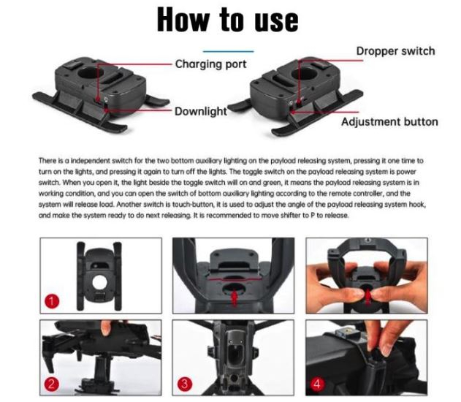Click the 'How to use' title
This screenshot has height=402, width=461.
pyautogui.click(x=228, y=20)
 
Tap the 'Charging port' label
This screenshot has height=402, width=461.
pyautogui.click(x=211, y=64)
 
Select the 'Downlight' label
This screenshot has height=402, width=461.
pyautogui.click(x=201, y=111)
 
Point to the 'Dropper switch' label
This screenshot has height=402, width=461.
pyautogui.click(x=395, y=51)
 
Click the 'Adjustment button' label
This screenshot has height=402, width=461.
pyautogui.click(x=389, y=121)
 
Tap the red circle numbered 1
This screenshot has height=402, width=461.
pyautogui.click(x=52, y=302)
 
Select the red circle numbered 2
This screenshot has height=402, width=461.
pyautogui.click(x=52, y=384)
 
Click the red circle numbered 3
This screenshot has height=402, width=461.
pyautogui.click(x=185, y=384)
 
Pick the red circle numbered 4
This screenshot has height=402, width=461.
pyautogui.click(x=317, y=384)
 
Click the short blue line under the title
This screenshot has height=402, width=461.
pyautogui.click(x=229, y=51)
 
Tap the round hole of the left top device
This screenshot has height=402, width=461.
pyautogui.click(x=91, y=72)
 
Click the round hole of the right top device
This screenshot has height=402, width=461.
pyautogui.click(x=305, y=72)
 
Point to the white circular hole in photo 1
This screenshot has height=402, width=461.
pyautogui.click(x=99, y=283)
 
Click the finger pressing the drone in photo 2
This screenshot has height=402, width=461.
pyautogui.click(x=105, y=328)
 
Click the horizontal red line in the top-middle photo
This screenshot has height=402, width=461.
pyautogui.click(x=234, y=277)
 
